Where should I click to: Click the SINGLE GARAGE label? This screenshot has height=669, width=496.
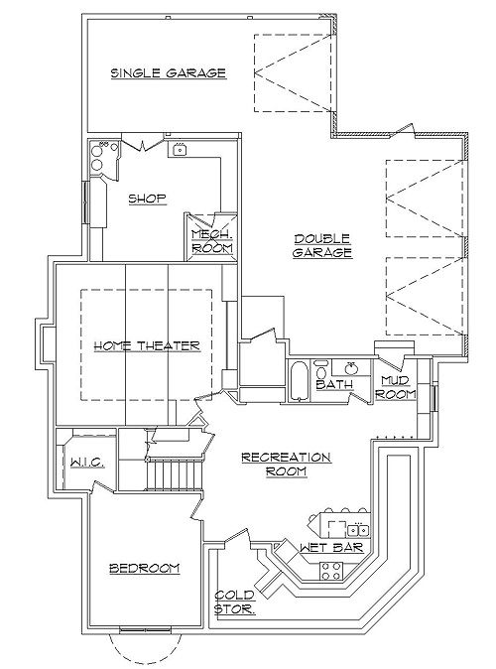(x=169, y=73)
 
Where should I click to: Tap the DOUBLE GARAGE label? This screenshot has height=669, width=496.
(x=322, y=245)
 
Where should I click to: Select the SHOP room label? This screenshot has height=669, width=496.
(x=147, y=199)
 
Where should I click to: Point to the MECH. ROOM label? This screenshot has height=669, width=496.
(x=212, y=241)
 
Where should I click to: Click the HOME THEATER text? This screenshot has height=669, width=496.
(x=147, y=345)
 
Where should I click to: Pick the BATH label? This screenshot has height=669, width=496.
(x=334, y=384)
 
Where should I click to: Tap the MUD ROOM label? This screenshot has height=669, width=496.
(x=396, y=387)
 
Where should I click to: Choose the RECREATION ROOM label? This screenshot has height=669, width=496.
(x=286, y=465)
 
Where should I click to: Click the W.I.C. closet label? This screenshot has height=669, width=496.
(x=87, y=463)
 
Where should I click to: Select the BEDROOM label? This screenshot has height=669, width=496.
(x=145, y=569)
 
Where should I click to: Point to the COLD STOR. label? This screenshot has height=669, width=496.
(x=234, y=602)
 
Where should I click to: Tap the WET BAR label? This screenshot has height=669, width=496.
(x=331, y=547)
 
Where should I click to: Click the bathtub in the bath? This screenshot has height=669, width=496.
(x=299, y=381)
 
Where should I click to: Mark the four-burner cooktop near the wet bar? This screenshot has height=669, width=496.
(x=331, y=572)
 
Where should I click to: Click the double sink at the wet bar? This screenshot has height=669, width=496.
(x=358, y=530)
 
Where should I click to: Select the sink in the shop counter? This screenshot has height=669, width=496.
(x=181, y=150)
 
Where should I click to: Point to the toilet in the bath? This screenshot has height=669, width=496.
(x=320, y=368)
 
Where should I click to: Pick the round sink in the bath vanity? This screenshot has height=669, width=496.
(x=351, y=367)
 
